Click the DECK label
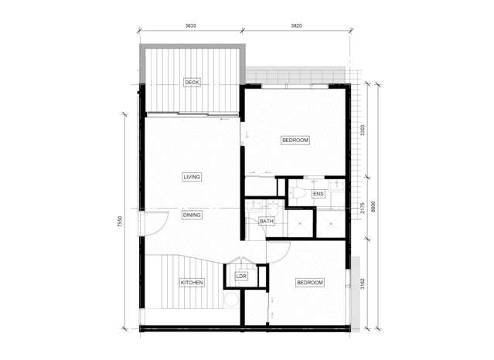point(192,82)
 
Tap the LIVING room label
point(192,177)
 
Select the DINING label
point(192,216)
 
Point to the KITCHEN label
point(192,283)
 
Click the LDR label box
point(240,276)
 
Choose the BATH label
point(267,222)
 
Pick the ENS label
point(318,194)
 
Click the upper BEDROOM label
point(295,140)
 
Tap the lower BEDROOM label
point(309,283)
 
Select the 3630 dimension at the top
point(190,25)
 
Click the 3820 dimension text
point(295,25)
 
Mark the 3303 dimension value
point(363,131)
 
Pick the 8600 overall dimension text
point(373,207)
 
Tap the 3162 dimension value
point(363,284)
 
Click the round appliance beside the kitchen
point(230,299)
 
